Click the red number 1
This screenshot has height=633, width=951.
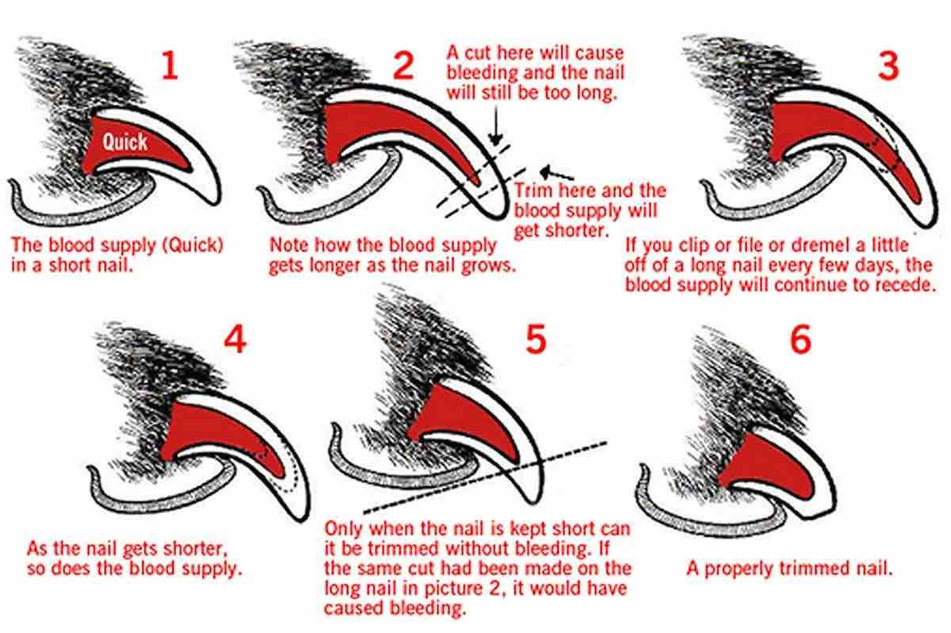pyautogui.click(x=169, y=66)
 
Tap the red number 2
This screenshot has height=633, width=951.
pyautogui.click(x=403, y=66)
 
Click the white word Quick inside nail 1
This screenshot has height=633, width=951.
pyautogui.click(x=125, y=142)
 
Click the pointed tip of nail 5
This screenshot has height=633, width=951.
pyautogui.click(x=529, y=499)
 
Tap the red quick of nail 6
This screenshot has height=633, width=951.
pyautogui.click(x=762, y=469)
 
